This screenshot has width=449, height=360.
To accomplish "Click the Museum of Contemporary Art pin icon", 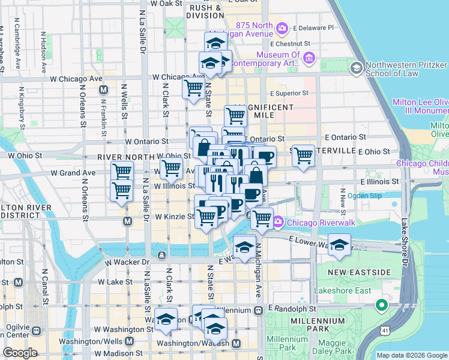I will (x=310, y=58).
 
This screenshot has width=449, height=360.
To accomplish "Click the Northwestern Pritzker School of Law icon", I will (x=357, y=68).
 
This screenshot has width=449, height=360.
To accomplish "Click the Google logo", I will (x=20, y=353).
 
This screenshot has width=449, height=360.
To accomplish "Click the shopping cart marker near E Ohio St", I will (x=303, y=155).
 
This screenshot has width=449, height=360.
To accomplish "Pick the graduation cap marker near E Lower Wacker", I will (x=340, y=245).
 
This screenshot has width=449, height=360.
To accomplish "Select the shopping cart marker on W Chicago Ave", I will (x=193, y=88).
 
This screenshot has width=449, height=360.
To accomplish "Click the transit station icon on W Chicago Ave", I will (x=103, y=90).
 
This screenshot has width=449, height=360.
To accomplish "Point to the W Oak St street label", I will (x=166, y=3).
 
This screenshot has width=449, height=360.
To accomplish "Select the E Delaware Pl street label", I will (x=312, y=28).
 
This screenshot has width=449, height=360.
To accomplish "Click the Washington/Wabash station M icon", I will (x=236, y=344).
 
